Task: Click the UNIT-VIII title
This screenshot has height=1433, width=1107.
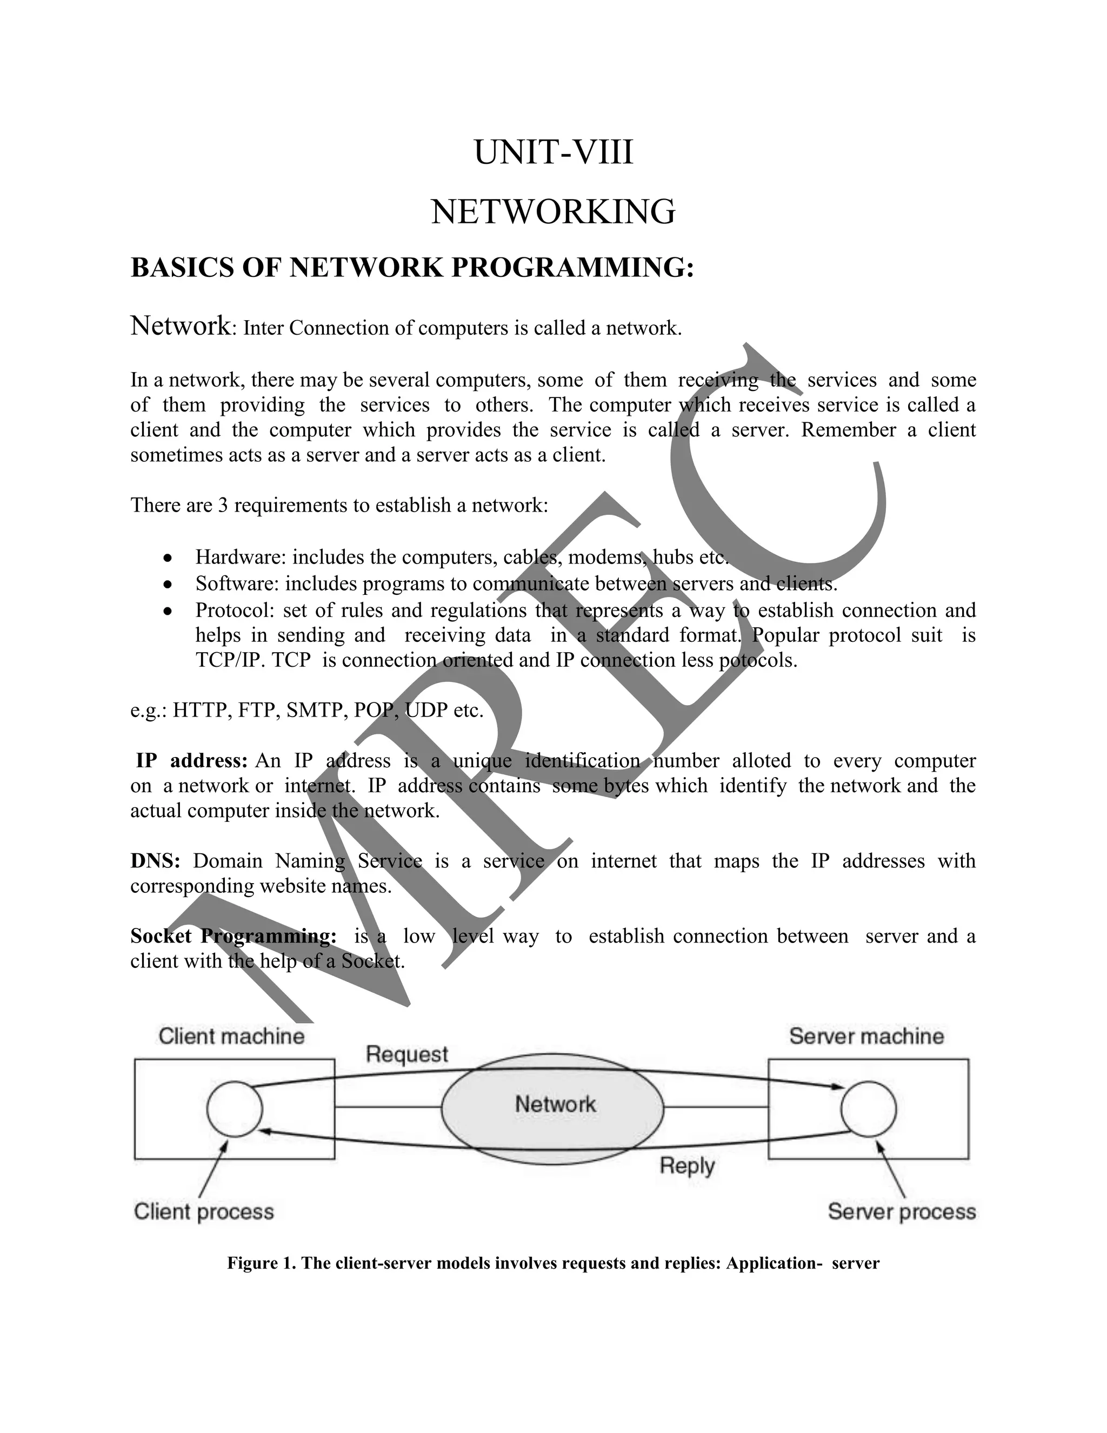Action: (x=553, y=153)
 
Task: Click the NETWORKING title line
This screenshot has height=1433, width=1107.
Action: (x=553, y=212)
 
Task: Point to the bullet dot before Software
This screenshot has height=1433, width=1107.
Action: (x=169, y=585)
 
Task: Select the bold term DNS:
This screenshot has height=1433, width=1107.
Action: (x=155, y=861)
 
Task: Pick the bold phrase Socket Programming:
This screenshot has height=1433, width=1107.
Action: (x=234, y=936)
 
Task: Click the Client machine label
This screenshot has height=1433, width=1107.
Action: (x=231, y=1037)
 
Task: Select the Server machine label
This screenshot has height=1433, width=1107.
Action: (x=866, y=1037)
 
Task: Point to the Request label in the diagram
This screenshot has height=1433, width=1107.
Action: (x=406, y=1054)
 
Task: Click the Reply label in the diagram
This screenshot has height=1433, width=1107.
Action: (x=686, y=1166)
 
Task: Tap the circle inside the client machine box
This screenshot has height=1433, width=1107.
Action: (x=234, y=1109)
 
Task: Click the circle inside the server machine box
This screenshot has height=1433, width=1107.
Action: (x=868, y=1109)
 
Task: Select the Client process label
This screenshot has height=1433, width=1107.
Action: (x=203, y=1211)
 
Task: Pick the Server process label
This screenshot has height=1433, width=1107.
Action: (x=901, y=1211)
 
